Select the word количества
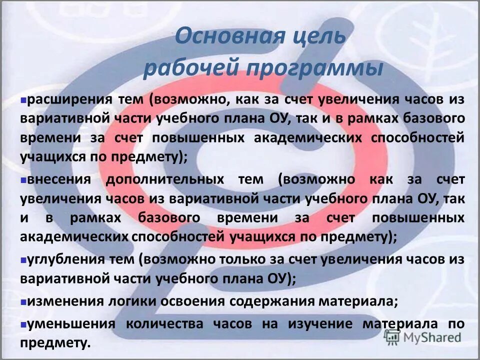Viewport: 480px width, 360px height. (x=164, y=323)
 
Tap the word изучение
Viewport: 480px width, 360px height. (x=319, y=323)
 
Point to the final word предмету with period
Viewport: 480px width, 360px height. (x=55, y=343)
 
